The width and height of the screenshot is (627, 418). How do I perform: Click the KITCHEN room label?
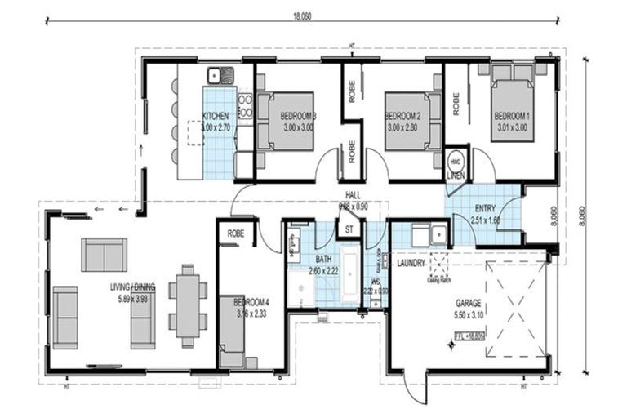pos(216,117)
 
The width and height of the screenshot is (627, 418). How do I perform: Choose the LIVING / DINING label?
pos(133,287)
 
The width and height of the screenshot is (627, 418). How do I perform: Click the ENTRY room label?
pos(484,208)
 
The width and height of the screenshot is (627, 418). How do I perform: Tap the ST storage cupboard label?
pos(349,229)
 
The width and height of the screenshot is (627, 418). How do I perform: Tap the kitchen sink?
pos(220,76)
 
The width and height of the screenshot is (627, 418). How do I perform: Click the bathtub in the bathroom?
pos(349,273)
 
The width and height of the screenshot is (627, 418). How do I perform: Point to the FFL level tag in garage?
pos(470,334)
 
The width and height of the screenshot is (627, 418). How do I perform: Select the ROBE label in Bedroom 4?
pos(236,233)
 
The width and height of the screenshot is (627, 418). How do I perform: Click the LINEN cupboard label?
pos(456,176)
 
